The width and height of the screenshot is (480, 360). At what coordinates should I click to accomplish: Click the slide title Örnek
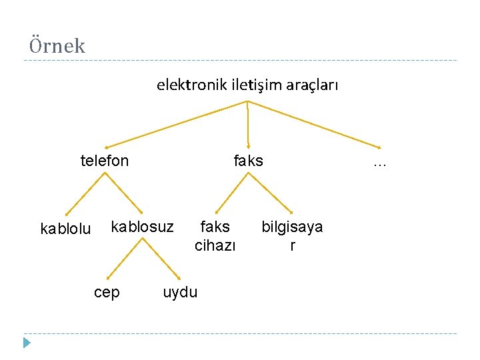point(57,45)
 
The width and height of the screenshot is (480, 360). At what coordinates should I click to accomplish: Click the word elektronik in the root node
point(192,85)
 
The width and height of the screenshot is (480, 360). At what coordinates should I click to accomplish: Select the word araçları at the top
point(313,85)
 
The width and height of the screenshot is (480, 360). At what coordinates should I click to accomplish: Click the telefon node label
point(105,161)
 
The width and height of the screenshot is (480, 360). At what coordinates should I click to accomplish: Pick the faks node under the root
point(248,161)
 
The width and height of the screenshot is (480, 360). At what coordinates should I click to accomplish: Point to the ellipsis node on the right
point(380,162)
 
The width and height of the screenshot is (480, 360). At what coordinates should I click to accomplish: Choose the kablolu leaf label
point(65,229)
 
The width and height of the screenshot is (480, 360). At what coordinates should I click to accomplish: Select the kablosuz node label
point(142,227)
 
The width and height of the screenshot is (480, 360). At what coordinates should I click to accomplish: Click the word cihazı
point(215,245)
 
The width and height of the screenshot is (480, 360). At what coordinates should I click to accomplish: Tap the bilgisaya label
point(292,227)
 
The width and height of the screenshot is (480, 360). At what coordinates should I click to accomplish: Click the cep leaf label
point(107,293)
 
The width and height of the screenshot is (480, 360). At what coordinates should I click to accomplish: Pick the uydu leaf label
point(180,293)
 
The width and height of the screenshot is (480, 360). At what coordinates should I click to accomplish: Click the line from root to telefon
point(177,124)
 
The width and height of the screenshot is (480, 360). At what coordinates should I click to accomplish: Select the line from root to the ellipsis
point(313,124)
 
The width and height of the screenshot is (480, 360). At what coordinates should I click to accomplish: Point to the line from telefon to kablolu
point(85,194)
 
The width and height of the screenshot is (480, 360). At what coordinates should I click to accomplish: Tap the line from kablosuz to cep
point(125,259)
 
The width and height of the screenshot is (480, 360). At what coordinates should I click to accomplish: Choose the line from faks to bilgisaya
point(270,193)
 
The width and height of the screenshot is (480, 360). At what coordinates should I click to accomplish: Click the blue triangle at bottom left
point(27,343)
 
